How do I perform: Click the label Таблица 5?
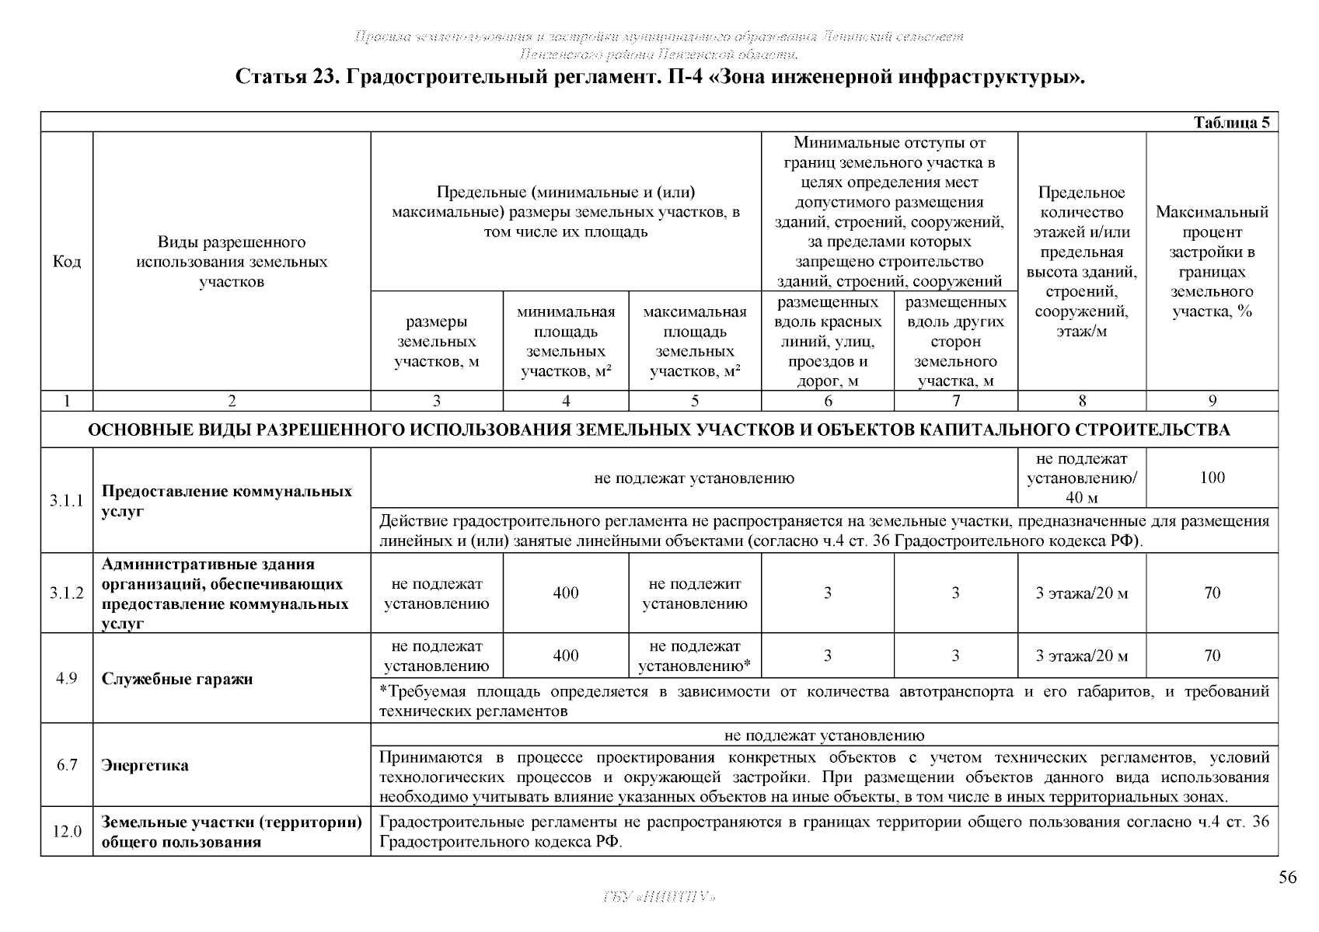point(1232,123)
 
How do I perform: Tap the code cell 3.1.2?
point(67,593)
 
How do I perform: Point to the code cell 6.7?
point(67,765)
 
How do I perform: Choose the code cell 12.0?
point(67,832)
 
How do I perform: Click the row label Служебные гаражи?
point(177,679)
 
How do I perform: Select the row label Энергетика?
point(145,765)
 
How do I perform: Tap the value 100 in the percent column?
point(1212,478)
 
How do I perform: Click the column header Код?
point(67,262)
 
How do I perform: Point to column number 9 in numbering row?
point(1212,401)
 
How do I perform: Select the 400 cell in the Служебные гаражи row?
point(566,656)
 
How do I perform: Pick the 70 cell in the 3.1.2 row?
point(1212,593)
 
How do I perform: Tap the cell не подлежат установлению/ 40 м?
point(1082,478)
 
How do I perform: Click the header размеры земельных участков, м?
point(437,342)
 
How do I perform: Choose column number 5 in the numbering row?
point(695,401)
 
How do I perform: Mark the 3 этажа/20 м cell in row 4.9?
point(1082,656)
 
